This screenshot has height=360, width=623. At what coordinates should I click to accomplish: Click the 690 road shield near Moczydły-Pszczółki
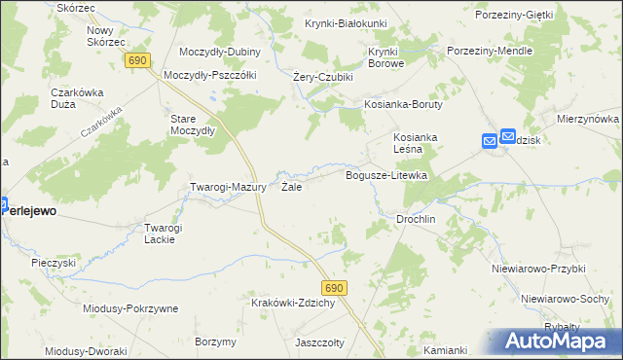click(x=137, y=60)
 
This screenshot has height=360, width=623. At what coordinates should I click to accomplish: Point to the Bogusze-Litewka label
click(x=387, y=175)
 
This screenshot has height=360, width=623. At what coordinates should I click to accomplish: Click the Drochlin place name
click(x=415, y=219)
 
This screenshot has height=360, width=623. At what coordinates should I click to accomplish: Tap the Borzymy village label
click(x=215, y=342)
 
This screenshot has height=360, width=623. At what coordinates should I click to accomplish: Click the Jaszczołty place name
click(x=322, y=342)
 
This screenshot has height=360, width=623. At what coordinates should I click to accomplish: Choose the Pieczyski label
click(x=54, y=263)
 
